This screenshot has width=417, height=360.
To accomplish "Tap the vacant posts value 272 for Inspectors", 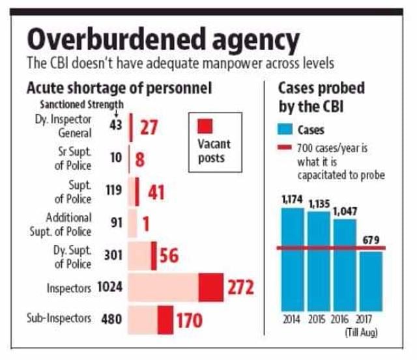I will tap(240, 286).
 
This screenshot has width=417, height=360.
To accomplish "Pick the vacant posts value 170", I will tap(189, 320).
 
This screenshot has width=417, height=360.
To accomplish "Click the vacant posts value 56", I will tap(169, 255).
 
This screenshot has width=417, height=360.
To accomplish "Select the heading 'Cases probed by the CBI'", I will tap(321, 96).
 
